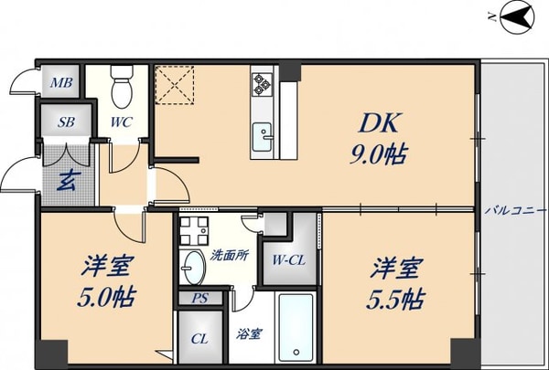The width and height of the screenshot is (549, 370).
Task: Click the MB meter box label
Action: [x=60, y=85]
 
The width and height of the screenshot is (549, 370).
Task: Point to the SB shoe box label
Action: [x=66, y=122]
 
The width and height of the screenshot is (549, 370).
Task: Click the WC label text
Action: [x=121, y=122]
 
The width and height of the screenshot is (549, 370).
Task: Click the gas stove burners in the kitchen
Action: [x=262, y=84]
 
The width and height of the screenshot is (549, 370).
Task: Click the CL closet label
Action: [x=198, y=339]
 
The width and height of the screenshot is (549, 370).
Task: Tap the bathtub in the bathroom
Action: [x=296, y=327]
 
